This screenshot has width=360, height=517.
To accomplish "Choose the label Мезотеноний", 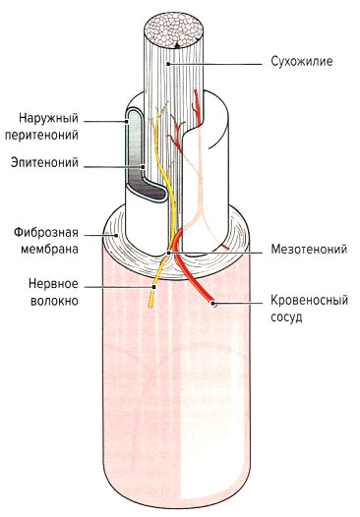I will [x=307, y=250].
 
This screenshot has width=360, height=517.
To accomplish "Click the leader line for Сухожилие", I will [x=216, y=61].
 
